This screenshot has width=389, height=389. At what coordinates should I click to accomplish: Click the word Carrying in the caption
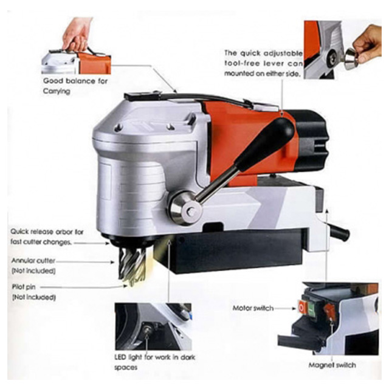coord(57,91)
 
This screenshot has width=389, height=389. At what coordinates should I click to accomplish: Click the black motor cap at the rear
coord(312,139)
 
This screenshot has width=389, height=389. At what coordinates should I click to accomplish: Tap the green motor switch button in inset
coord(312,309)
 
